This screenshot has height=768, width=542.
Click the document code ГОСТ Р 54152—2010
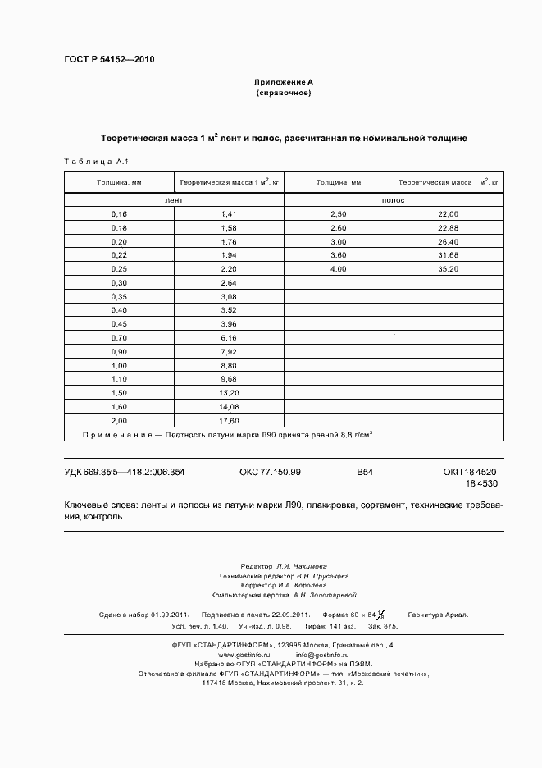(108, 60)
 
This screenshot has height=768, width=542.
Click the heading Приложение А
(284, 83)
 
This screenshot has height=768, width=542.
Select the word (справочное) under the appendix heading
(284, 94)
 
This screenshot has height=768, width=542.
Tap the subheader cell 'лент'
(174, 199)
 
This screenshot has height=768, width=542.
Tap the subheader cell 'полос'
(394, 199)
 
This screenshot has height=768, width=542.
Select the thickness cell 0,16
(119, 213)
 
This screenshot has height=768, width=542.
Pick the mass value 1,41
(228, 213)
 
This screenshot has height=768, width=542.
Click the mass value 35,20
(448, 269)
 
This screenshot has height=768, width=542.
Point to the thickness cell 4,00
(338, 269)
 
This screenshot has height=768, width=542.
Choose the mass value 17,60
(228, 421)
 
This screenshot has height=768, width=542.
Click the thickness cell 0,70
(119, 338)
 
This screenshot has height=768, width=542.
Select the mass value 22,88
(448, 227)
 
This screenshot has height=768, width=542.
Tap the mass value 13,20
(228, 393)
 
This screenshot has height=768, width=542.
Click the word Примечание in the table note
(116, 434)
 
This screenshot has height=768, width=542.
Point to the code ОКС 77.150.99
(270, 472)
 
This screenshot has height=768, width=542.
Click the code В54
(365, 472)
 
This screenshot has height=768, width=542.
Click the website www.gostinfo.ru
(244, 655)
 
